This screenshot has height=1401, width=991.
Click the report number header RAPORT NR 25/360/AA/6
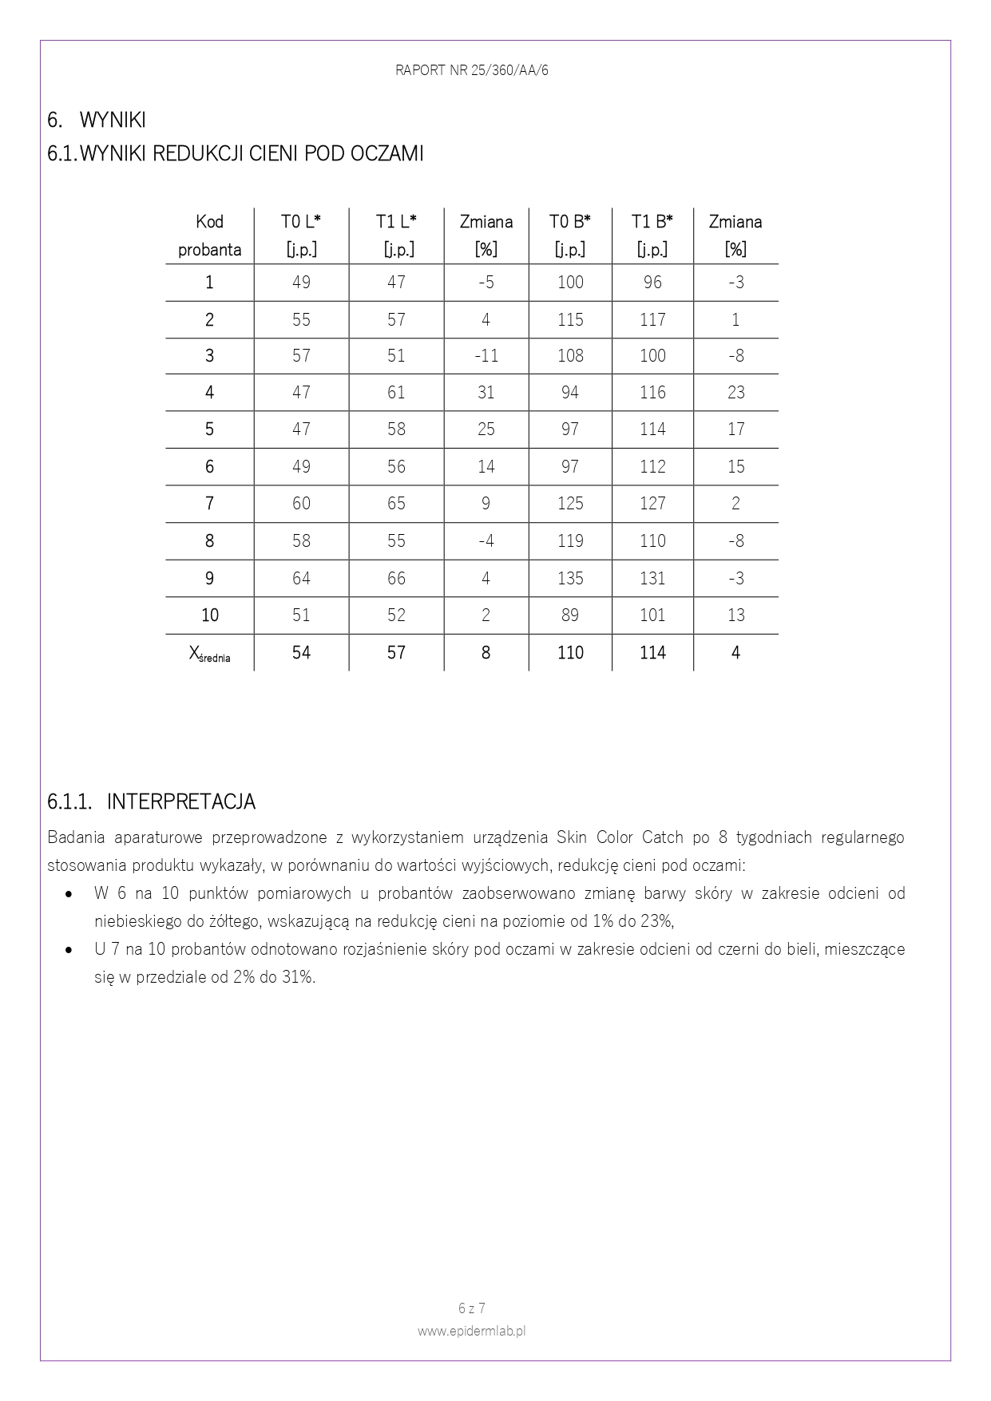[x=471, y=70]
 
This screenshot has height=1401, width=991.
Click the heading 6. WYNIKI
[x=97, y=121]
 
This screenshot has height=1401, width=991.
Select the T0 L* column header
[x=301, y=235]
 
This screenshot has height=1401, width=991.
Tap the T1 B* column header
[x=652, y=235]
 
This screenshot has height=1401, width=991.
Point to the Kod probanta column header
[x=209, y=235]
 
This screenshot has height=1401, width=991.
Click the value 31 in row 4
[x=486, y=392]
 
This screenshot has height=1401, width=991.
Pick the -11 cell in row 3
[x=486, y=355]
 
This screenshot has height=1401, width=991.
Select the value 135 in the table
[x=570, y=578]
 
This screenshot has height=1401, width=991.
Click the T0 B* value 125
[x=570, y=504]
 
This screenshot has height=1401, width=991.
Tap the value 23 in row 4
[x=735, y=392]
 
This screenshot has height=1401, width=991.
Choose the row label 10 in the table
[x=209, y=615]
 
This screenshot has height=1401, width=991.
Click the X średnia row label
[x=209, y=654]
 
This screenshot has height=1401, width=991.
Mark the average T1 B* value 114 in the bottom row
[x=652, y=653]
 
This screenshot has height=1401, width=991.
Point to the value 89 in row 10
[x=570, y=615]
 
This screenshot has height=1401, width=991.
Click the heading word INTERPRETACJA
[x=181, y=801]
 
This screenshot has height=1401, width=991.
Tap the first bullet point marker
[x=69, y=894]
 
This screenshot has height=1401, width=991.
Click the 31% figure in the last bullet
[x=296, y=977]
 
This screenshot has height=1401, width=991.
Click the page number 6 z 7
[x=471, y=1308]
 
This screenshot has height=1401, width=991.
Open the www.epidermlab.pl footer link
[x=471, y=1331]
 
